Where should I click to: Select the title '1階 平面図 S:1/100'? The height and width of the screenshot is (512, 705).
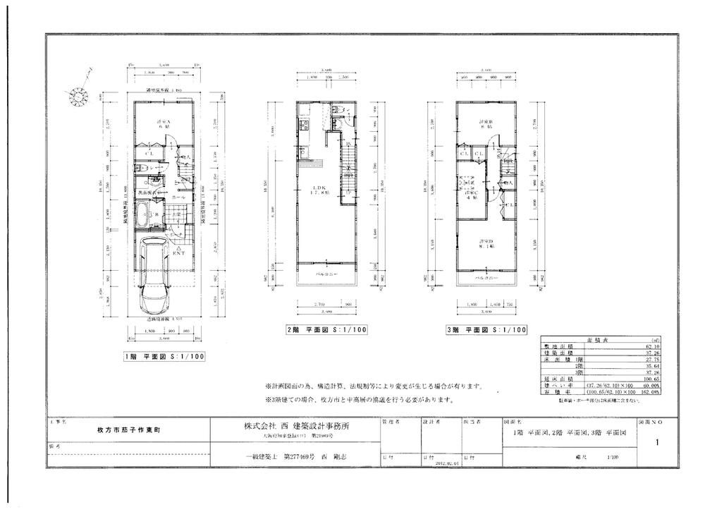click(x=165, y=357)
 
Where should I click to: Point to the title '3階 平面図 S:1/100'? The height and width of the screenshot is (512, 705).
click(x=486, y=329)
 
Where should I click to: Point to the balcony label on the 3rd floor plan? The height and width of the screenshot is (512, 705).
click(x=484, y=279)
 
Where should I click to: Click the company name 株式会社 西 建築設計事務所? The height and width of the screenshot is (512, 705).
click(x=295, y=427)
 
